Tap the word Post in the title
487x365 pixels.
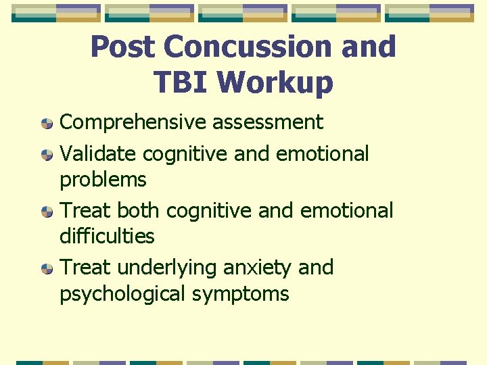point(124,47)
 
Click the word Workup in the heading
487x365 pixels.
point(275,82)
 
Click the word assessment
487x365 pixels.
point(268,122)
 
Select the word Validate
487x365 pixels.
point(98,153)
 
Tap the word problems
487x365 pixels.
point(103,180)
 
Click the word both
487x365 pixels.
point(139,210)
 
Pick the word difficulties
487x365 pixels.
point(107,237)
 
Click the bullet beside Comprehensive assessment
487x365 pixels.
point(47,124)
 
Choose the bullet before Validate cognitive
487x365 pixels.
point(47,155)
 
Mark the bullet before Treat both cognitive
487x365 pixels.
point(47,212)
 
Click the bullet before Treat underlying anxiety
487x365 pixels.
point(47,270)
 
